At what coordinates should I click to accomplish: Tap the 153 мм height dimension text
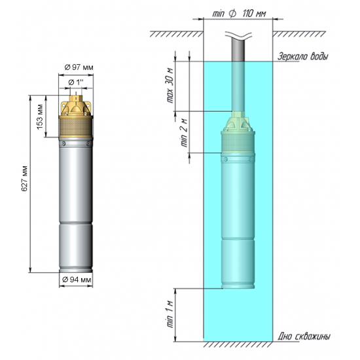41,116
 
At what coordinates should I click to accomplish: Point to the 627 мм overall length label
24,184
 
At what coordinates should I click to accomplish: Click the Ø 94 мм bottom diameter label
77,279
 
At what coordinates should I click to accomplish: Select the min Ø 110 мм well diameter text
239,14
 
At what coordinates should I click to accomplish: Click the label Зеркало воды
302,57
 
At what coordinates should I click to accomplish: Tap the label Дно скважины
304,336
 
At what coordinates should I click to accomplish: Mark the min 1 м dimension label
171,314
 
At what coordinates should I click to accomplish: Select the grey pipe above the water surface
239,49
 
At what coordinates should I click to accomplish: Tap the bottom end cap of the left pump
77,268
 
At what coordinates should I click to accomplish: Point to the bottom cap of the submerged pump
239,284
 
